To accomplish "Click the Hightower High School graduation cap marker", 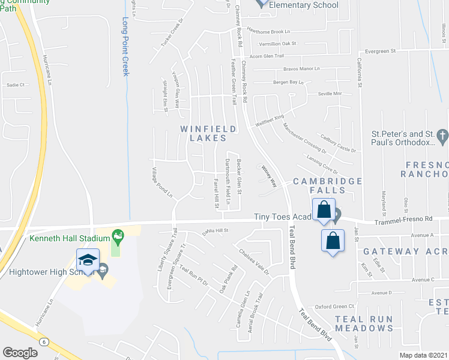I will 88,260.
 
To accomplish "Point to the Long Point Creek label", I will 126,47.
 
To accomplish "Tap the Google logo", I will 20,352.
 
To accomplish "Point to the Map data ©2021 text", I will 423,355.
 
